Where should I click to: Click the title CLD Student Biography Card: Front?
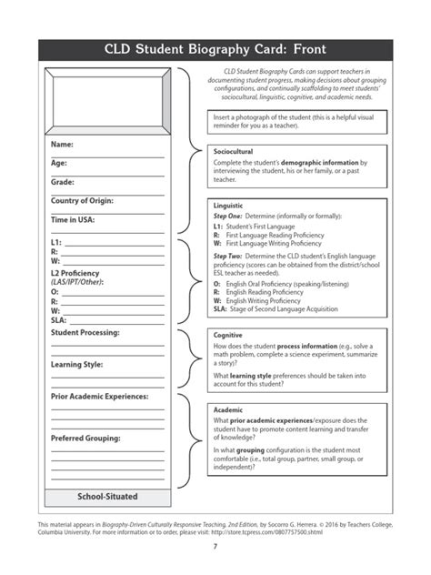215,49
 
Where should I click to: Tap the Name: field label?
62,145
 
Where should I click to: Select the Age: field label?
59,163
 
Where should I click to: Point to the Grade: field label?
62,182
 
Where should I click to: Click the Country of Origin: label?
86,200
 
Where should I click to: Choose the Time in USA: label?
73,219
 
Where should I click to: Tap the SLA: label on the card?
58,319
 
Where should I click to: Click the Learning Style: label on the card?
76,365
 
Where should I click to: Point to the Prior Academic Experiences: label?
100,397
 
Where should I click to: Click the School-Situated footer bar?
106,497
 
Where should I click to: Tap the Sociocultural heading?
233,151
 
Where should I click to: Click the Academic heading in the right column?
227,410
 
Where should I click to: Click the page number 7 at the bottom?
215,546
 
